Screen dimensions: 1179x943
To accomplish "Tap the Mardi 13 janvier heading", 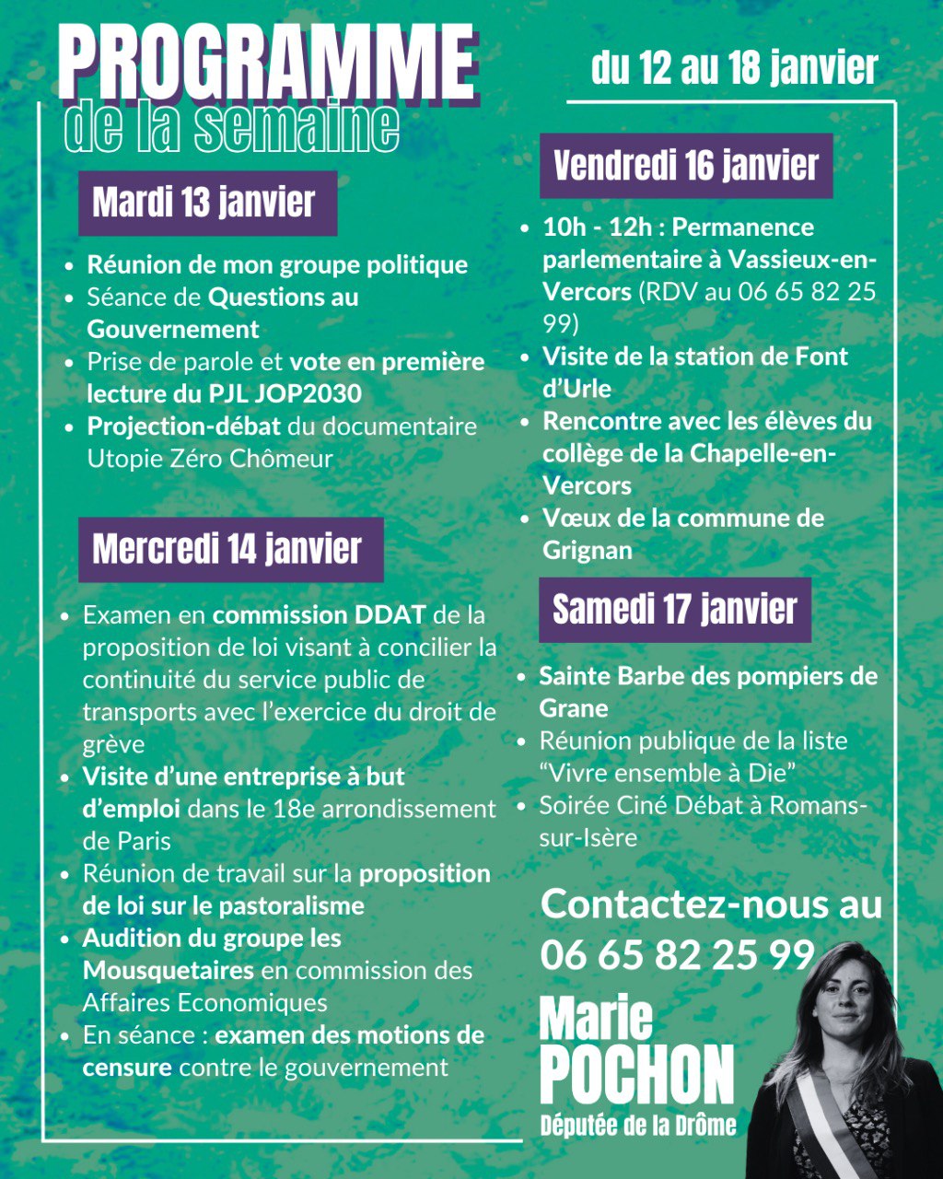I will click(204, 203).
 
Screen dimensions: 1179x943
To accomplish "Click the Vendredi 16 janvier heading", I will click(686, 166).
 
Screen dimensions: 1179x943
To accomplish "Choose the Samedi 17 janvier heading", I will click(674, 609).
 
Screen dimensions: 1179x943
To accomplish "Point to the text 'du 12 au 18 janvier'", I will click(734, 68).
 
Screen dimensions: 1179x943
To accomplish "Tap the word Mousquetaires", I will click(169, 970).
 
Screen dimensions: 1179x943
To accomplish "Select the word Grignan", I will click(588, 551).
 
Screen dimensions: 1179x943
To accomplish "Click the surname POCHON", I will click(636, 1074).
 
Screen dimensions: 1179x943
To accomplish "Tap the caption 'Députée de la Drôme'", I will click(638, 1125).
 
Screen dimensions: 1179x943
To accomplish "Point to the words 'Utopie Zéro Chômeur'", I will click(210, 459).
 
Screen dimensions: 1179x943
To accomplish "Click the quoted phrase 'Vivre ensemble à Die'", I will click(668, 773).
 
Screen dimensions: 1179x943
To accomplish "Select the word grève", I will click(113, 744).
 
